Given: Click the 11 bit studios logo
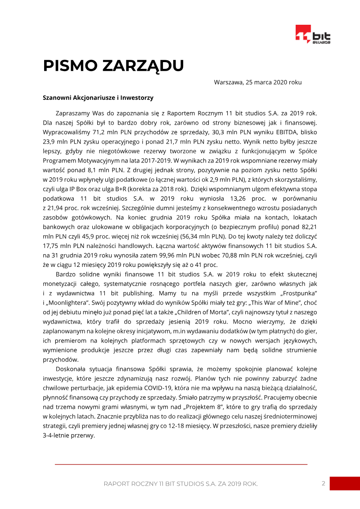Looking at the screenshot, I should click(x=313, y=35).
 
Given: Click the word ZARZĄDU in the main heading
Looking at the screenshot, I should click(x=143, y=66).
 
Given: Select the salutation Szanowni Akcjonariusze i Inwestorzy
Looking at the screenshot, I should click(x=98, y=97).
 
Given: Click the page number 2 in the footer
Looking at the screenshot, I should click(x=323, y=483).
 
